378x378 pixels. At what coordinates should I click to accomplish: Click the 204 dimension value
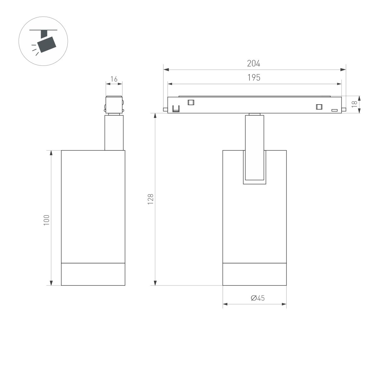point(254,64)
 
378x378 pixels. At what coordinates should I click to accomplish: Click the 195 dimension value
point(254,78)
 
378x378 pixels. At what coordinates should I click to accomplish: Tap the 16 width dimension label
point(114,79)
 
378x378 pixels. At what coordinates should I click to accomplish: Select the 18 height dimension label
point(354,104)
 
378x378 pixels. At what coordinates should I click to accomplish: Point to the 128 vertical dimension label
point(151,199)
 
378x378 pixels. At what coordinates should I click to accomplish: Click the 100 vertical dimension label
point(47,220)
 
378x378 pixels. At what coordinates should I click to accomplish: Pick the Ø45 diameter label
point(258,298)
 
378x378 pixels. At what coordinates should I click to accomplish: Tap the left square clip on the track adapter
point(191,102)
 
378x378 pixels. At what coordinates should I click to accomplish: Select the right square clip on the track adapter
point(319,106)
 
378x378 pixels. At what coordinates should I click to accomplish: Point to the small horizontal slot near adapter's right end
point(334,110)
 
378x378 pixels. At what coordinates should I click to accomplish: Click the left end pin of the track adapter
point(165,109)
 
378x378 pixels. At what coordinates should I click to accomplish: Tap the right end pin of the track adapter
point(344,109)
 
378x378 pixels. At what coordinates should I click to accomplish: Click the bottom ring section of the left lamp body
point(93,274)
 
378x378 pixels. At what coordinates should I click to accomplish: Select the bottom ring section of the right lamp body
point(255,274)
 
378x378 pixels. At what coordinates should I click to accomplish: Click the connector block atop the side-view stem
point(114,104)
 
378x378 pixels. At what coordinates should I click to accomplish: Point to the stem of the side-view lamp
point(114,132)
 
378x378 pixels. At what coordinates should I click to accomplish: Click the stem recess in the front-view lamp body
point(254,167)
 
